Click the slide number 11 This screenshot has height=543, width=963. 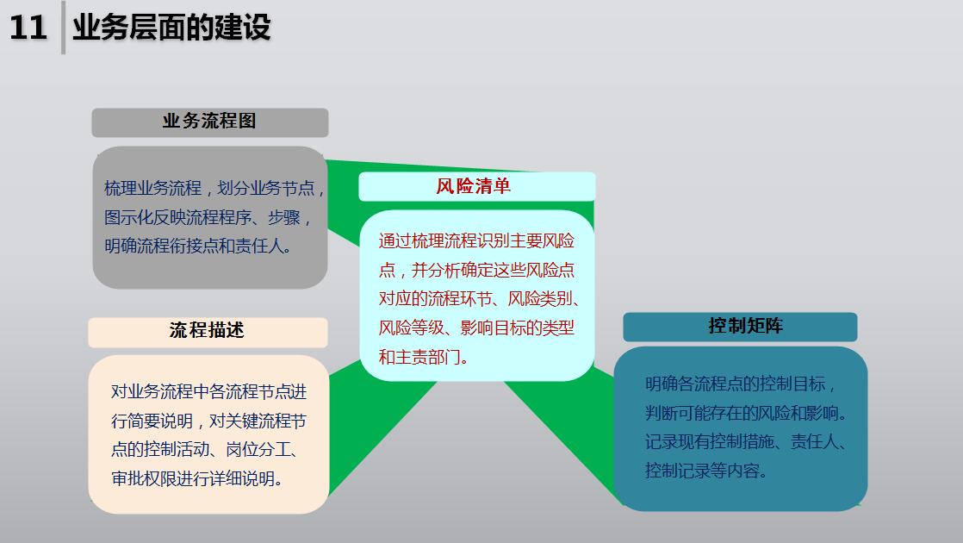28,28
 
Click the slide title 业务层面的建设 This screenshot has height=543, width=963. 172,28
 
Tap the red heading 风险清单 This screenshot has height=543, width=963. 474,186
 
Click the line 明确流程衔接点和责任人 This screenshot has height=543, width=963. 198,247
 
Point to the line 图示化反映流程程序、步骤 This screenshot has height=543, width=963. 208,217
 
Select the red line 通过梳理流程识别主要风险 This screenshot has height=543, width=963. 476,240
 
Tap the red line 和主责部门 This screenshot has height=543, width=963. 423,357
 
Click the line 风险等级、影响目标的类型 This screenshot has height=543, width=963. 476,328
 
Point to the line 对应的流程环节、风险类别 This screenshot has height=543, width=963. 479,299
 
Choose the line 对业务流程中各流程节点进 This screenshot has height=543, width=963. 208,392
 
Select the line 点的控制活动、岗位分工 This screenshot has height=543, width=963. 204,450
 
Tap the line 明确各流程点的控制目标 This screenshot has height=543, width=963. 740,384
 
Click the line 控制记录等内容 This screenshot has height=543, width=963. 705,471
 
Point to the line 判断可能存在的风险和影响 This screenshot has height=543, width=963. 746,414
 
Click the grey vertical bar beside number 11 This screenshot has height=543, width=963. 63,28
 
